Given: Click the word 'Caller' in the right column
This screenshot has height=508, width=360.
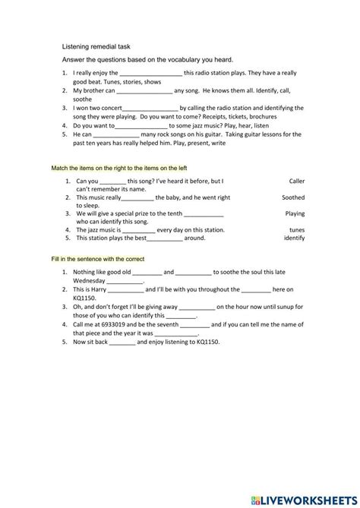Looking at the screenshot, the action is tap(296, 181).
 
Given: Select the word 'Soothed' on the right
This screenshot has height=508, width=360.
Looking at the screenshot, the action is tap(293, 197).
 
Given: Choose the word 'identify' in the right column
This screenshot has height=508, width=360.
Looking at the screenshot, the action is tap(294, 238).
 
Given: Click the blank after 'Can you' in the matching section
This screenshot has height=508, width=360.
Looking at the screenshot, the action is tap(113, 181).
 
